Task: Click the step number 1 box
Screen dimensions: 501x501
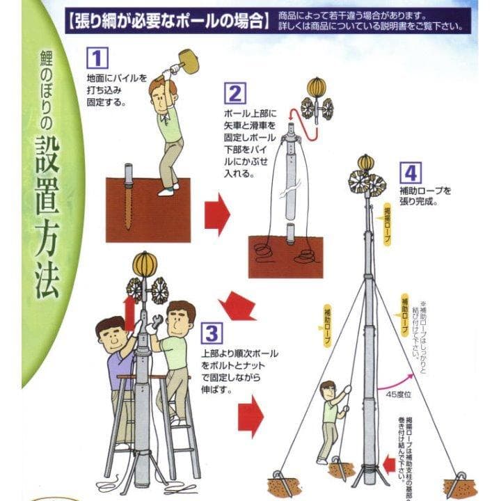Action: click(98, 57)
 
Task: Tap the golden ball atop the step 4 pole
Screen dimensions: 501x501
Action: click(366, 163)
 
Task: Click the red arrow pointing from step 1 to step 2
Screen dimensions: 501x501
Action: click(217, 213)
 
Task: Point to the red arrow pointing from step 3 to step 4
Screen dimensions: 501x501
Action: click(250, 416)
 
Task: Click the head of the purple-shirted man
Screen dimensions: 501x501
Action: click(111, 336)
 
